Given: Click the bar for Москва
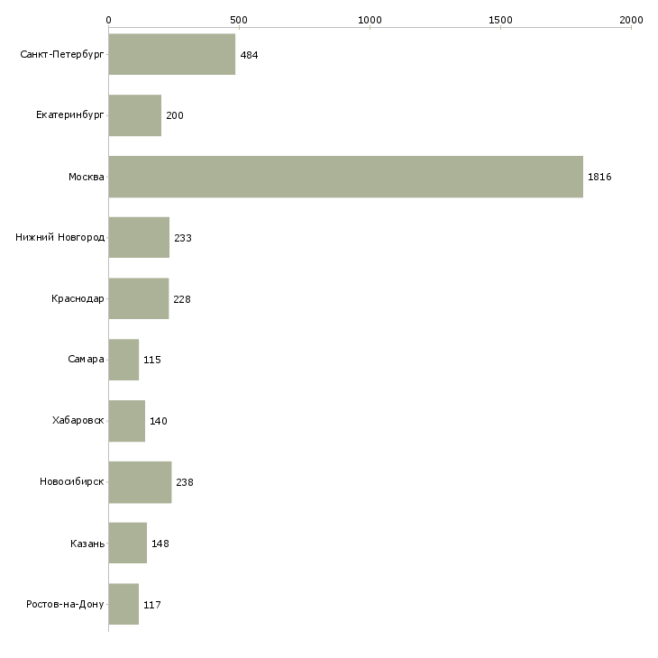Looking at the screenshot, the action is pyautogui.click(x=346, y=177).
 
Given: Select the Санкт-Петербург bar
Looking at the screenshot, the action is pyautogui.click(x=172, y=54).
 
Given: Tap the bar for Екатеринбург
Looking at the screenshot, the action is pyautogui.click(x=135, y=115).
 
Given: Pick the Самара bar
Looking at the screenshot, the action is pyautogui.click(x=123, y=360).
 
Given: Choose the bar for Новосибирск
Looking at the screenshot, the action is pyautogui.click(x=140, y=482).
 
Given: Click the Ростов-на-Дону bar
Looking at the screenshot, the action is pyautogui.click(x=123, y=604).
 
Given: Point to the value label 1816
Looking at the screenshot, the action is pyautogui.click(x=599, y=177).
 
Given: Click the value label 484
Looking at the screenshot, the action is pyautogui.click(x=249, y=55).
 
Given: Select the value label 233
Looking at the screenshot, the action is pyautogui.click(x=183, y=238).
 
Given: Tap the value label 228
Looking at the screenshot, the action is pyautogui.click(x=182, y=299).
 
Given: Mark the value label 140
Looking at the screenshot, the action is pyautogui.click(x=159, y=421).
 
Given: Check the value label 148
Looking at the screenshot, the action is pyautogui.click(x=160, y=544).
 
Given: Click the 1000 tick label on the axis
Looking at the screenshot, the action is pyautogui.click(x=370, y=20).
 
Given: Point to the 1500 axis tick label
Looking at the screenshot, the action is pyautogui.click(x=500, y=20).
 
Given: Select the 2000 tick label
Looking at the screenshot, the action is pyautogui.click(x=631, y=20).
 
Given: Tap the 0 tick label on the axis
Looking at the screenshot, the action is pyautogui.click(x=109, y=20).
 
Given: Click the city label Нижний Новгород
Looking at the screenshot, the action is pyautogui.click(x=59, y=237).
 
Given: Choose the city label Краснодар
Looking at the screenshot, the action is pyautogui.click(x=78, y=298).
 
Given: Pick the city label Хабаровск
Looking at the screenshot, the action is pyautogui.click(x=78, y=420).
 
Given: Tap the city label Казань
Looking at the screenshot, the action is pyautogui.click(x=87, y=544).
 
